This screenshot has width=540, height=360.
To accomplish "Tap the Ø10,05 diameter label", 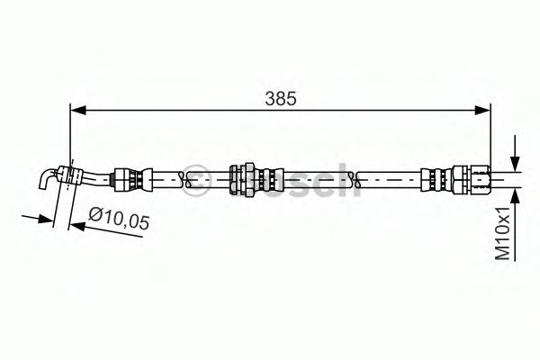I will click(x=120, y=218).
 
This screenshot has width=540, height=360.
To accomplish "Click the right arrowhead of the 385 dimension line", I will click(x=485, y=110).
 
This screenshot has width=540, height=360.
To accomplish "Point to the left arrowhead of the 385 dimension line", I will click(x=76, y=110).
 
